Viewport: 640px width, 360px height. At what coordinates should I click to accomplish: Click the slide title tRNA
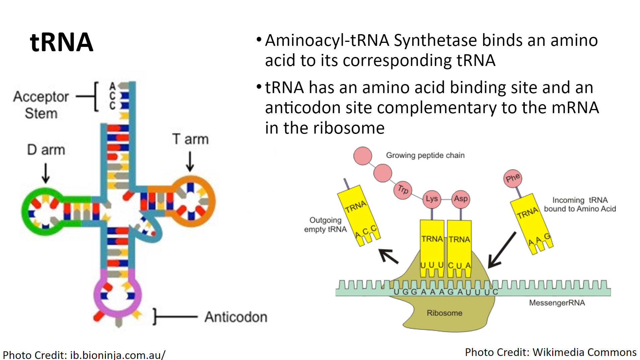[61, 43]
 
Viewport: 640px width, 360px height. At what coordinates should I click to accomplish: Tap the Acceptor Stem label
[41, 104]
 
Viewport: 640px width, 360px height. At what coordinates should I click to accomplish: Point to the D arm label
[46, 150]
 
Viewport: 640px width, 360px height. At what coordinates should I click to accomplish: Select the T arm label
[190, 139]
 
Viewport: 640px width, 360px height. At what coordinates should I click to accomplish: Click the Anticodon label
[236, 317]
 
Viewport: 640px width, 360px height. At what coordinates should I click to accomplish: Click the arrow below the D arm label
[46, 173]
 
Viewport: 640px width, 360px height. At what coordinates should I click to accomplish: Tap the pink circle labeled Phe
[513, 178]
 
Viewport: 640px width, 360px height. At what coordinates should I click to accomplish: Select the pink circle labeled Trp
[402, 190]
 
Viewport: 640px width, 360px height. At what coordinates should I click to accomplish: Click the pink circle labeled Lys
[432, 199]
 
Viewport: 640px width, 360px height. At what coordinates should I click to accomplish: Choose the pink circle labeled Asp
[461, 199]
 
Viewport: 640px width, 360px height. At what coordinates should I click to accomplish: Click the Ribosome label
[444, 313]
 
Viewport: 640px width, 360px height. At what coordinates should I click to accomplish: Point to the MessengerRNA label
[557, 303]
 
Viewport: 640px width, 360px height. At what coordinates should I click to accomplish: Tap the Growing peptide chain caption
[425, 155]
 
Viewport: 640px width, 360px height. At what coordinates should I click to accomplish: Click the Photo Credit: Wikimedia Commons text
[551, 352]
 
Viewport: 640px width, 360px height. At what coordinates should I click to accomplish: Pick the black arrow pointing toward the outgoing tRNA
[389, 257]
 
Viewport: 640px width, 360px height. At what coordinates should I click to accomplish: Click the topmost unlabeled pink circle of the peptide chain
[363, 156]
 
